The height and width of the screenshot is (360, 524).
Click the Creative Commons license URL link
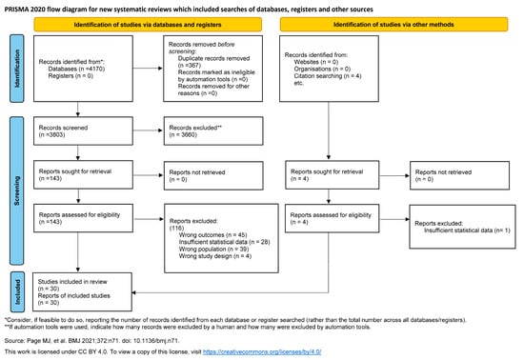click(x=313, y=350)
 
